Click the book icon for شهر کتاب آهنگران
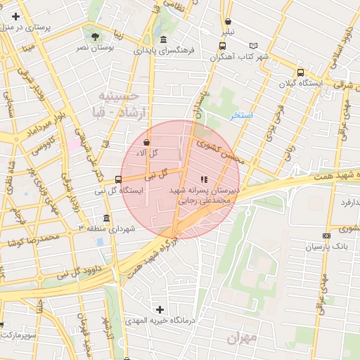point(222,56)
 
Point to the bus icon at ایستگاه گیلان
point(301,72)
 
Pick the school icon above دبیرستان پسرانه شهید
point(204,179)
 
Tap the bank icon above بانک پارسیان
point(326,236)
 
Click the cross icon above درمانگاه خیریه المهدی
point(160,309)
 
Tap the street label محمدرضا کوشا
point(32,240)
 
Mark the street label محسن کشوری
point(219,149)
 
